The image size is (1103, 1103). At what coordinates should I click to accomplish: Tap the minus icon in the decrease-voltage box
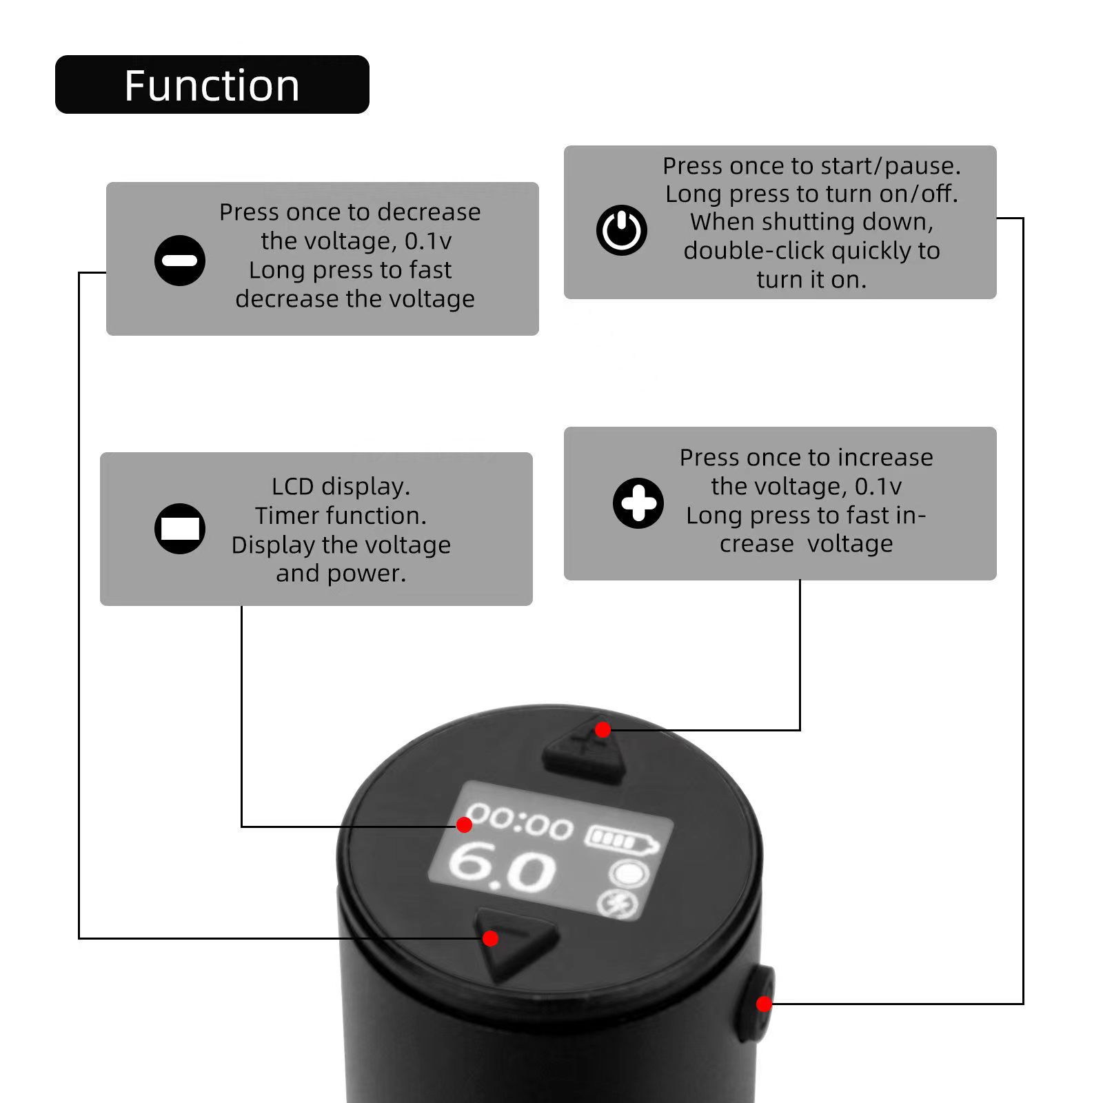coord(180,261)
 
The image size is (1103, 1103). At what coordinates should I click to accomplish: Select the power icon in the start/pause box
coord(622,230)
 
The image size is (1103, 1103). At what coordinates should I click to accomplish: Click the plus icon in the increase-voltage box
coord(638,503)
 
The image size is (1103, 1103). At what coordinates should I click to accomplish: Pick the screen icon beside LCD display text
coord(180,529)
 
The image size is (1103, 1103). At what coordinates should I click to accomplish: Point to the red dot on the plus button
coord(603,729)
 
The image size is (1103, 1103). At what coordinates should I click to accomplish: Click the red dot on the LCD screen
coord(464,824)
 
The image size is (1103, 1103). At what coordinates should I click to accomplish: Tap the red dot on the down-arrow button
coord(490,938)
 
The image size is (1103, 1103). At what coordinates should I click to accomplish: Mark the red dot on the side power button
coord(764,1004)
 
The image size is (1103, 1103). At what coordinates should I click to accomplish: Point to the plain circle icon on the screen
coord(629,874)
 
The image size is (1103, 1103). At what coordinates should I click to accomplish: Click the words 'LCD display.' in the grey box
coord(341,487)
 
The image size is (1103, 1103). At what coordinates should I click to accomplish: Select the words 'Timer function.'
coord(341,516)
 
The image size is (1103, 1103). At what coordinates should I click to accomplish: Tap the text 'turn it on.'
coord(811,280)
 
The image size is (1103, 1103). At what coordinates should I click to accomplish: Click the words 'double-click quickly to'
coord(811,251)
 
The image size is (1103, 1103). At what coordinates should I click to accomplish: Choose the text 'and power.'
coord(341,574)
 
